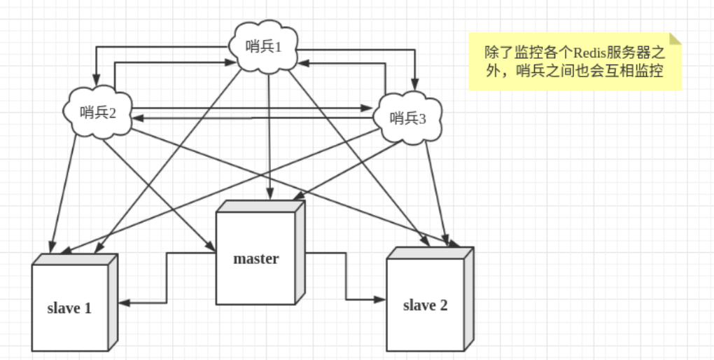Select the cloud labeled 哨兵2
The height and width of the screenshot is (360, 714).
tap(97, 112)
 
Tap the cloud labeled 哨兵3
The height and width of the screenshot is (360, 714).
tap(407, 118)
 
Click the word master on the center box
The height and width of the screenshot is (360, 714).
tap(255, 258)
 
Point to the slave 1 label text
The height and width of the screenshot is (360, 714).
tap(69, 307)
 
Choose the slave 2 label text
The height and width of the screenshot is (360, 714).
tap(425, 305)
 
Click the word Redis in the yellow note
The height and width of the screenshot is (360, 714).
tap(591, 53)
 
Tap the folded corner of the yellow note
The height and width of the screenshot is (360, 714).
tap(675, 39)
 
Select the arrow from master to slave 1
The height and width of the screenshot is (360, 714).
tap(166, 280)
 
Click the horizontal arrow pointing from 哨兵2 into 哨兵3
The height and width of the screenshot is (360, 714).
tap(252, 109)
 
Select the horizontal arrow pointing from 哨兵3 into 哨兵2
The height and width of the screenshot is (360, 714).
tap(252, 118)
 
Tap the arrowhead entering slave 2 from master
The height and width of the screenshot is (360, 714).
tap(380, 299)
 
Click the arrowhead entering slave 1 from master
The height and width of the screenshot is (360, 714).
tap(125, 303)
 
